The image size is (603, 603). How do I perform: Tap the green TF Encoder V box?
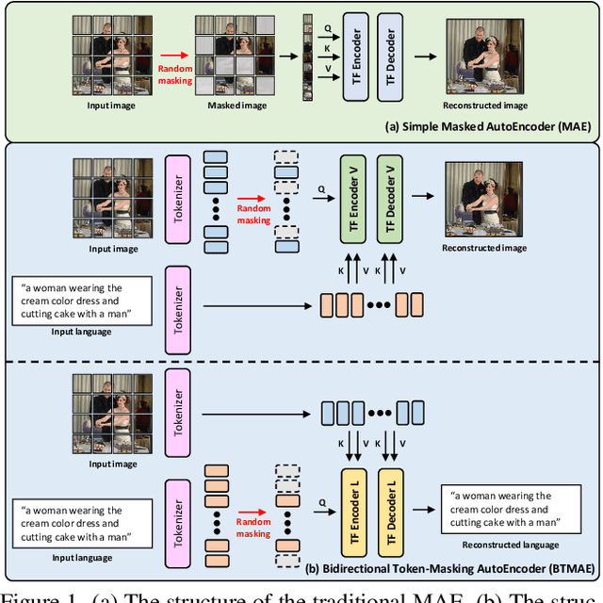click(350, 204)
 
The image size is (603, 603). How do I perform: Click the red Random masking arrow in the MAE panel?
click(173, 57)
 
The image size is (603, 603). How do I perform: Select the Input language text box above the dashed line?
click(83, 301)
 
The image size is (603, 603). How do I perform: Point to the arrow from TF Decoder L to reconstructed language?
click(422, 506)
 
